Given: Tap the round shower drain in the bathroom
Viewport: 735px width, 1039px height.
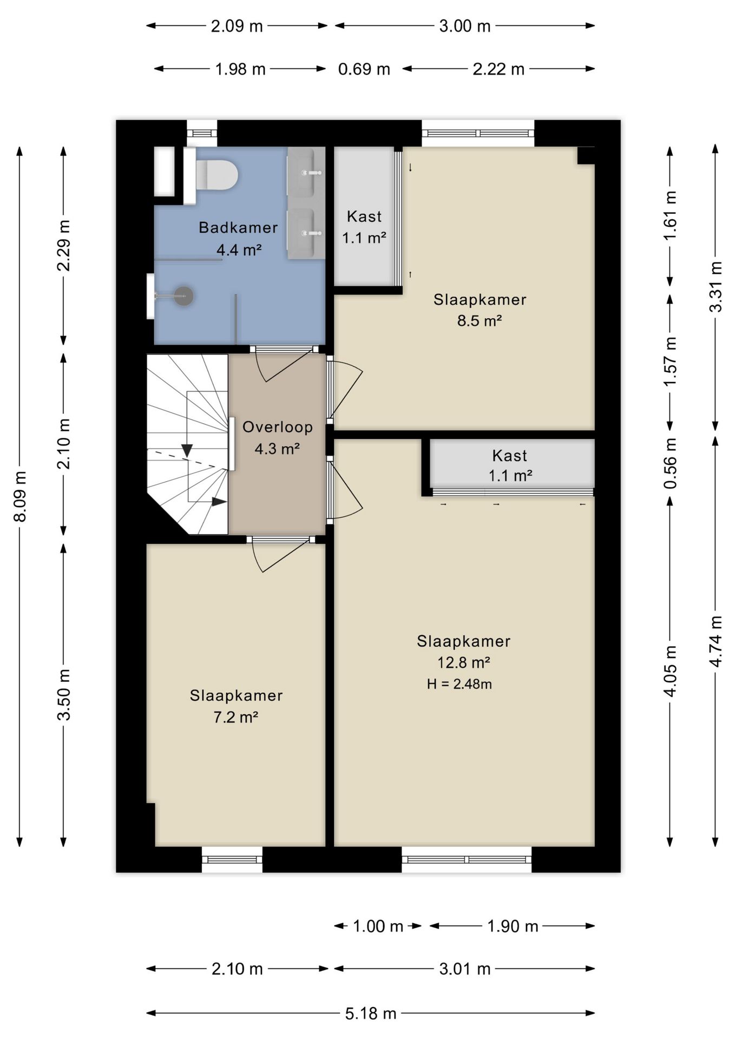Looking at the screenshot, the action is tap(184, 296).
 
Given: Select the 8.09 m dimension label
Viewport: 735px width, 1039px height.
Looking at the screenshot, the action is tap(20, 496).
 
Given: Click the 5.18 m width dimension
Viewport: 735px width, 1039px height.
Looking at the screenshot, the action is tap(371, 1013).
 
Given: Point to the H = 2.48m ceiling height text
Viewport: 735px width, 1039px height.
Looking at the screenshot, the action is tap(460, 684).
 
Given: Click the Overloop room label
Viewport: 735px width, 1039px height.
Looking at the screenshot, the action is tap(278, 427).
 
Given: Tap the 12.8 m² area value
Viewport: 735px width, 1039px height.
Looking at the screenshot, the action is tap(464, 662).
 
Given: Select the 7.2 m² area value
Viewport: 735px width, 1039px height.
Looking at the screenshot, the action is tap(235, 717).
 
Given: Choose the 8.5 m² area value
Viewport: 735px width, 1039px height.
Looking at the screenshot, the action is tap(480, 320).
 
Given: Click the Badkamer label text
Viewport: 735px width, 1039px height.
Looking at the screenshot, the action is tap(238, 227).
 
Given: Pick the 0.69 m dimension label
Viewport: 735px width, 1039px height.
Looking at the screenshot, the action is tap(364, 69).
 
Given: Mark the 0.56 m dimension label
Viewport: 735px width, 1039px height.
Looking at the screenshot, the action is tap(671, 463).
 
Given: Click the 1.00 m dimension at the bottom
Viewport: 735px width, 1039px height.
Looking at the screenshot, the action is tap(378, 926).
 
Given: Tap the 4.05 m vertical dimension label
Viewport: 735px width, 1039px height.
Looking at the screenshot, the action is tap(671, 671).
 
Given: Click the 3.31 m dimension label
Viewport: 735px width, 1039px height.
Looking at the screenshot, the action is tap(716, 287).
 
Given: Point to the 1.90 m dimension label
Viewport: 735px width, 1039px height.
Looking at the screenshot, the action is tap(513, 926).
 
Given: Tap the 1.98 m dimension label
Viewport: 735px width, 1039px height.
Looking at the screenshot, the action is tap(240, 69).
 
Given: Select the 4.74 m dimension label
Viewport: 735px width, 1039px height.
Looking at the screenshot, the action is tap(716, 642).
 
